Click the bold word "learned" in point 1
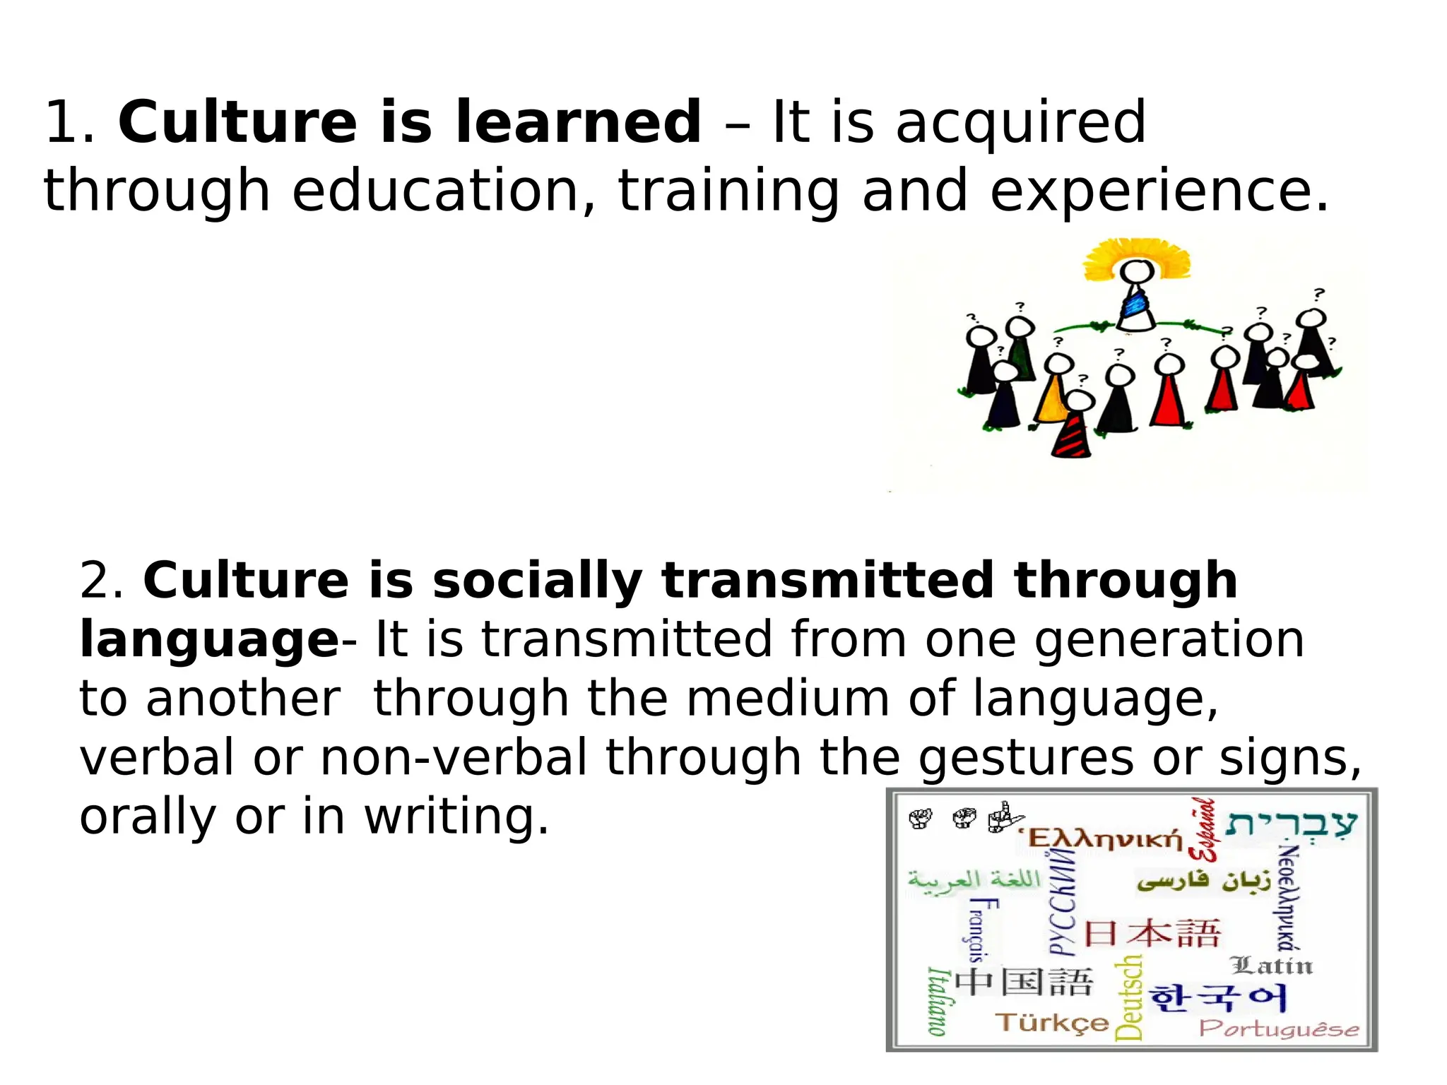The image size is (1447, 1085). (x=578, y=121)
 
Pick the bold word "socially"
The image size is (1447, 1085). (x=537, y=581)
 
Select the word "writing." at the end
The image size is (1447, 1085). (x=456, y=817)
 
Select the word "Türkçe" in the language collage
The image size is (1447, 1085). (x=1052, y=1022)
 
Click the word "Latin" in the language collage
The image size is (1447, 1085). (x=1271, y=965)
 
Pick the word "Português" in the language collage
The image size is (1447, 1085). (x=1278, y=1028)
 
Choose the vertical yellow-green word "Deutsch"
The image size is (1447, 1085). (x=1128, y=997)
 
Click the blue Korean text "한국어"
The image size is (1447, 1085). (x=1218, y=998)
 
